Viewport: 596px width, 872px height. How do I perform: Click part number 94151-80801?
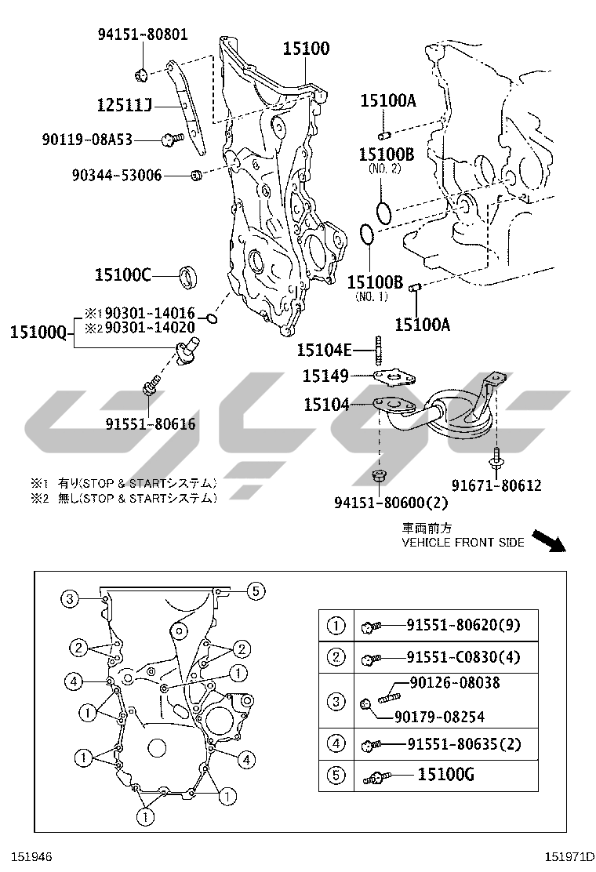[x=143, y=35]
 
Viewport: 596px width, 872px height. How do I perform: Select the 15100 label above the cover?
[x=307, y=49]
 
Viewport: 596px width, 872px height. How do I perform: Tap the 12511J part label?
[x=125, y=104]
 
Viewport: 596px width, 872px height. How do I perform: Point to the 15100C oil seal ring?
[x=188, y=277]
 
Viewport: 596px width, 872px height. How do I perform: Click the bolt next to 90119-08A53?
[x=173, y=140]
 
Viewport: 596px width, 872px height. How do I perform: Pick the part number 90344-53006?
[x=117, y=175]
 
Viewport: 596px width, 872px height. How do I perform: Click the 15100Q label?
[x=38, y=332]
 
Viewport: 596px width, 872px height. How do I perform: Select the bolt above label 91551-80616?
[x=151, y=384]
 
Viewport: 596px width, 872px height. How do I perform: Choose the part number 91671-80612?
[x=496, y=485]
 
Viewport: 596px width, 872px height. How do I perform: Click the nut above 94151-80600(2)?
[x=379, y=476]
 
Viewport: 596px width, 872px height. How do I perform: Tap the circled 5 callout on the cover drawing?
[x=255, y=590]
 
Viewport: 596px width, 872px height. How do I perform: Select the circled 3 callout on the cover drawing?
[x=70, y=598]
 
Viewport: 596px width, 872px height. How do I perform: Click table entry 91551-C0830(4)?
[x=463, y=657]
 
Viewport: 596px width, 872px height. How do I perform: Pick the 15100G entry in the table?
[x=446, y=774]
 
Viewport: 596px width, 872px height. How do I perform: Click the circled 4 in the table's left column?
[x=336, y=743]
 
